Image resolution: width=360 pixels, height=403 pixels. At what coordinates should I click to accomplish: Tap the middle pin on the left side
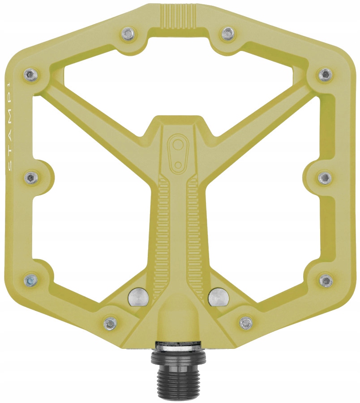[x=30, y=178]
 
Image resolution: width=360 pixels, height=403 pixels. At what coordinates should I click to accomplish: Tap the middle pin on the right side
[x=325, y=178]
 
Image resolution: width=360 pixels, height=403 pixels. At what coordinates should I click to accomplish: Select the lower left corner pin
[x=30, y=281]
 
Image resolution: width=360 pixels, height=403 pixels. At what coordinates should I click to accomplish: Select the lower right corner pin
[x=326, y=281]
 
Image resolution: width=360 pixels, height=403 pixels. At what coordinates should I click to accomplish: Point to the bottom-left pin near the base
[x=110, y=322]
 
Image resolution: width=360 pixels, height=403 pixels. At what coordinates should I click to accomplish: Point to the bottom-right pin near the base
[x=245, y=322]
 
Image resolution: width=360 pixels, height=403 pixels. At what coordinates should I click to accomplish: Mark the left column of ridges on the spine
[x=162, y=233]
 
